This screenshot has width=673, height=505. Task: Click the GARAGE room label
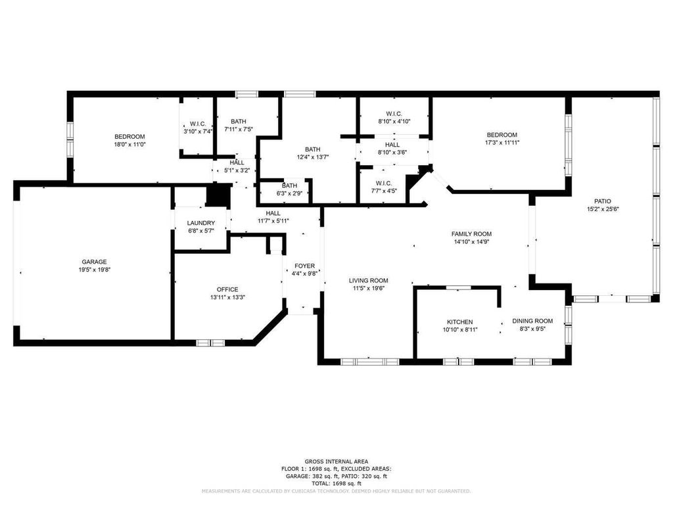94,262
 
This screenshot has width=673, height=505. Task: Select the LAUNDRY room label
200,223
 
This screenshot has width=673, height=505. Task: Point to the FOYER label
304,266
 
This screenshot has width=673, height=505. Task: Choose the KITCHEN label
459,322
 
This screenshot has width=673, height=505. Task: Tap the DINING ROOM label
532,321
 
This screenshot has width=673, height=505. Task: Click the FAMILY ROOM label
471,233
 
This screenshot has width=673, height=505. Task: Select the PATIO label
603,201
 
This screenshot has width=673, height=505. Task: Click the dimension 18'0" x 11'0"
129,144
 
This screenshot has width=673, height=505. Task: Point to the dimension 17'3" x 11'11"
501,142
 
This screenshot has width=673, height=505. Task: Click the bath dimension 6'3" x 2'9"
289,193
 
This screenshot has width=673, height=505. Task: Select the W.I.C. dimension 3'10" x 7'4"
198,132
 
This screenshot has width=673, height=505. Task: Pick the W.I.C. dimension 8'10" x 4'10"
394,121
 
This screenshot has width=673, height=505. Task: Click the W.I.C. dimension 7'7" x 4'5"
384,191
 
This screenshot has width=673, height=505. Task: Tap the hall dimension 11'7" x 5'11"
273,221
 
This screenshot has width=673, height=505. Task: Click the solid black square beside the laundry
217,195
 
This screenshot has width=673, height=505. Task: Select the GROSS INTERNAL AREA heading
336,461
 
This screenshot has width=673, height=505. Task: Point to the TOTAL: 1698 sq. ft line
336,483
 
